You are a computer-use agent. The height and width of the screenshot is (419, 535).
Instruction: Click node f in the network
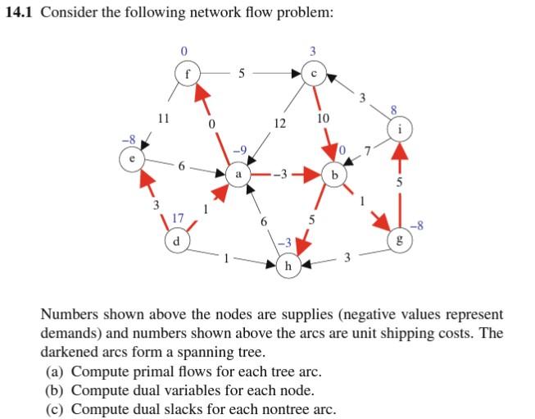pos(188,71)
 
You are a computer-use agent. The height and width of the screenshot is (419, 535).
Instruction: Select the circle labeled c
pos(314,71)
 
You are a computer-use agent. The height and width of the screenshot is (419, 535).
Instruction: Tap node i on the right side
pos(399,128)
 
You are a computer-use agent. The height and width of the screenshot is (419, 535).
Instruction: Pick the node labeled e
pos(130,158)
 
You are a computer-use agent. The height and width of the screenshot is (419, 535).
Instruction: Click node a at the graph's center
pos(238,175)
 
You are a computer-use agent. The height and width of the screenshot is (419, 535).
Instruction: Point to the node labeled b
pos(334,175)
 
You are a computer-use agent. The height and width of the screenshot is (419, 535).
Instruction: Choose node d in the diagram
pos(175,240)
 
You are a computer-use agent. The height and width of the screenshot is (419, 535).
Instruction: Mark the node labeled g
pos(399,240)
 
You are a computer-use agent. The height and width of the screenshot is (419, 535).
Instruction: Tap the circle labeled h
pos(288,266)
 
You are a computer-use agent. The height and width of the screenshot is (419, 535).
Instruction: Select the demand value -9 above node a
pos(238,151)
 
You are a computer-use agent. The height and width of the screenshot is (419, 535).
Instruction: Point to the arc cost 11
pos(163,117)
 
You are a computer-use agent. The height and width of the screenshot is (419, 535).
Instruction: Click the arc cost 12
pos(279,123)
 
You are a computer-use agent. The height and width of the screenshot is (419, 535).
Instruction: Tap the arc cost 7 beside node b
pos(368,151)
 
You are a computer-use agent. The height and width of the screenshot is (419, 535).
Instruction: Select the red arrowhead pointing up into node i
pos(399,152)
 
